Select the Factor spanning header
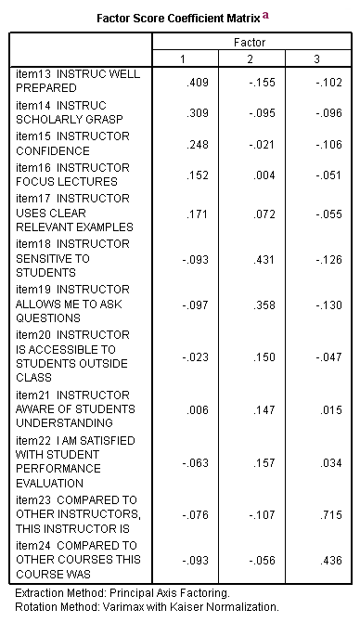[251, 43]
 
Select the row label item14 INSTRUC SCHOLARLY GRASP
[70, 112]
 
